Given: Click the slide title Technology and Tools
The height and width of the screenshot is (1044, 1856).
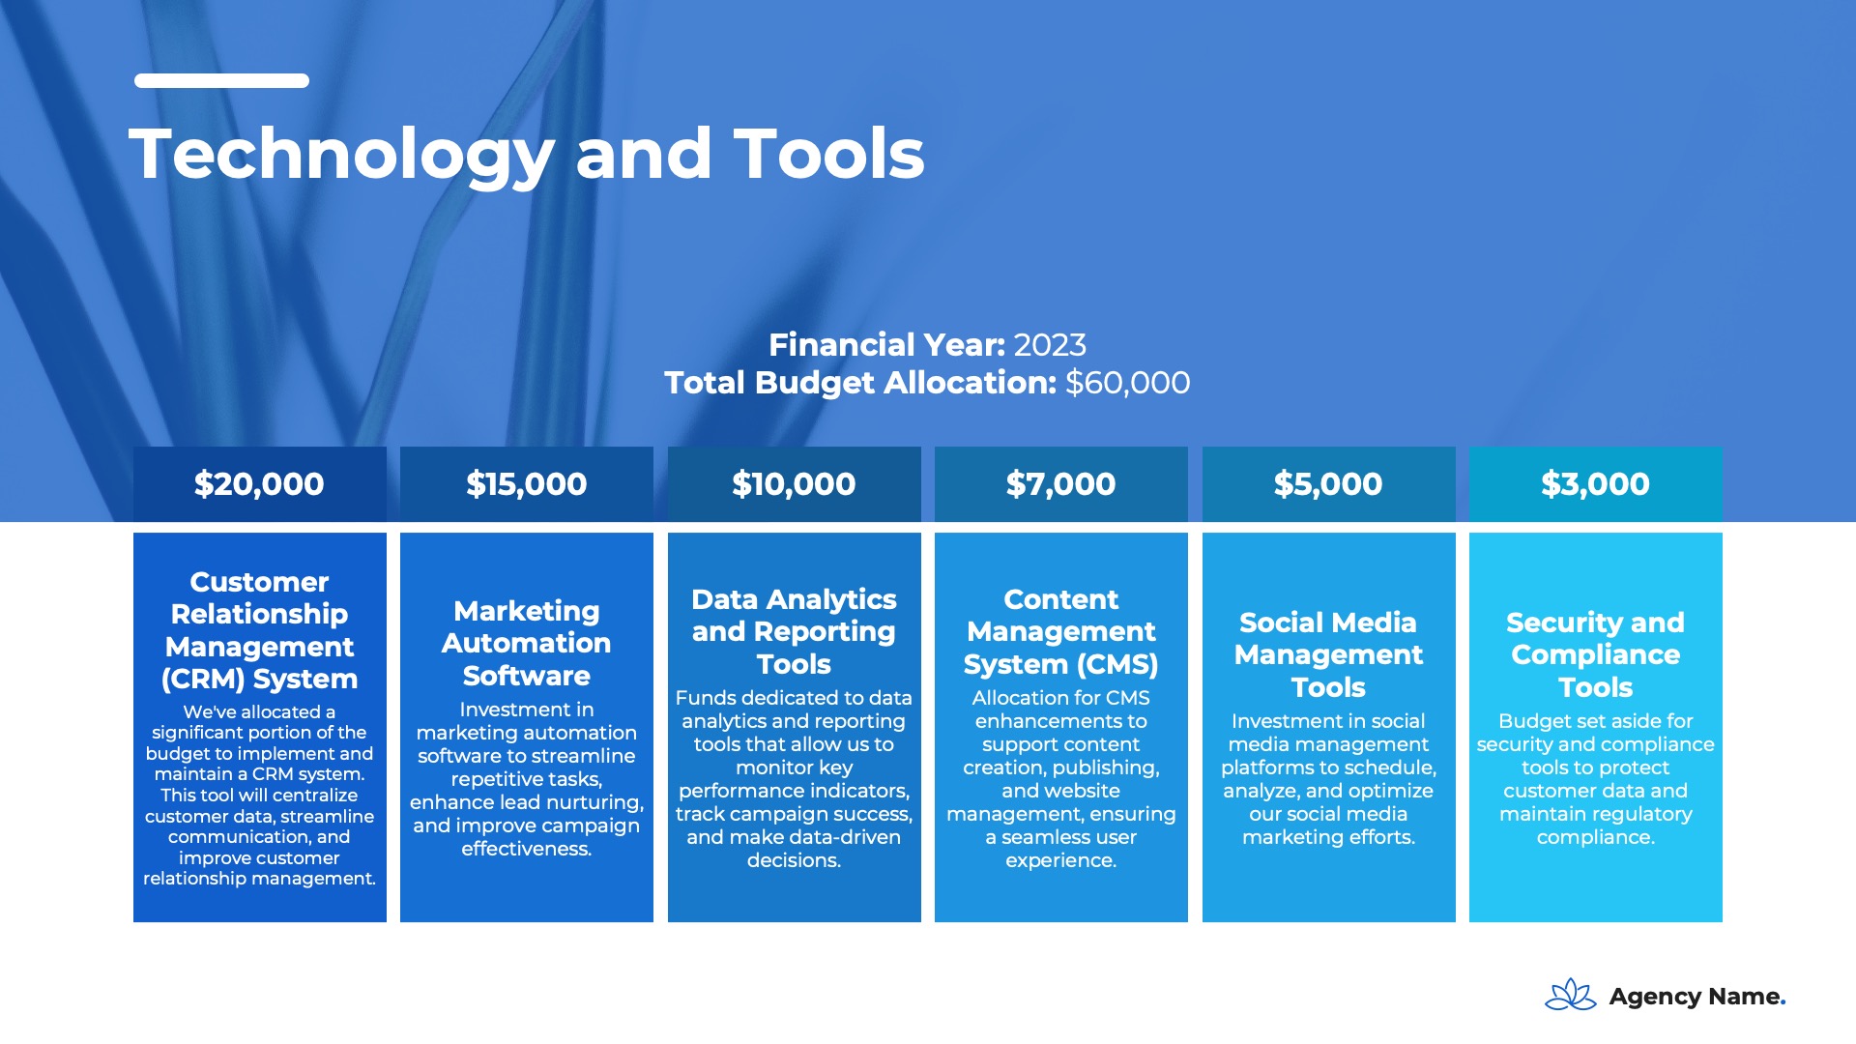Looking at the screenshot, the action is [527, 155].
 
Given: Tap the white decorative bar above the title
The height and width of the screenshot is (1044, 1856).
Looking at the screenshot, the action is [222, 81].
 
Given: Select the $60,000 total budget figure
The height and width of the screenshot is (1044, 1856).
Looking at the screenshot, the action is [1128, 383].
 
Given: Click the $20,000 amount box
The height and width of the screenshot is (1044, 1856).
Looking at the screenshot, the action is [260, 484].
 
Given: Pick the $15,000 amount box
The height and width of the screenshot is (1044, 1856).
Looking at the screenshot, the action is [527, 484].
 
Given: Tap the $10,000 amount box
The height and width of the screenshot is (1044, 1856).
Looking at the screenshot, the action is [795, 484].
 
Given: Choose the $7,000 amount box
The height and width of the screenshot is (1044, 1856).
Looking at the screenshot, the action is [1061, 484].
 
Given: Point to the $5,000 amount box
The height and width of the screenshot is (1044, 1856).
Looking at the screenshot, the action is [1329, 484].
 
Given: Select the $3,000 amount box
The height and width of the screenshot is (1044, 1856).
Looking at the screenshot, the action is [1596, 484].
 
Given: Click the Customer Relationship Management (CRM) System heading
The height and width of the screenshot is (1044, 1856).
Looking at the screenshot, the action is [260, 630].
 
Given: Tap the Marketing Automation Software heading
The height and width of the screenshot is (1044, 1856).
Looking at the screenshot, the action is [527, 643].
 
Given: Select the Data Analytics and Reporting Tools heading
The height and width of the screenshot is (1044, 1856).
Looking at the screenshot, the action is [795, 631].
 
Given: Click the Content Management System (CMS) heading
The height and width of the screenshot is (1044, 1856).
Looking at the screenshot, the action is [1061, 631].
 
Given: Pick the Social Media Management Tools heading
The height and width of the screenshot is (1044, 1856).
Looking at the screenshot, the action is [1329, 654].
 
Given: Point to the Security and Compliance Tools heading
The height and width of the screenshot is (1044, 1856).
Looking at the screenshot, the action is [1596, 654].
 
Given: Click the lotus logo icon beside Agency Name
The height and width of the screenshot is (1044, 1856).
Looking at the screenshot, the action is [1571, 995].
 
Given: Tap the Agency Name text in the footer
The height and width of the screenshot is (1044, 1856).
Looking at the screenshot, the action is [1697, 997].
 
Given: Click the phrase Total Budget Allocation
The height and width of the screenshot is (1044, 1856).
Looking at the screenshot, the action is [860, 383].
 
